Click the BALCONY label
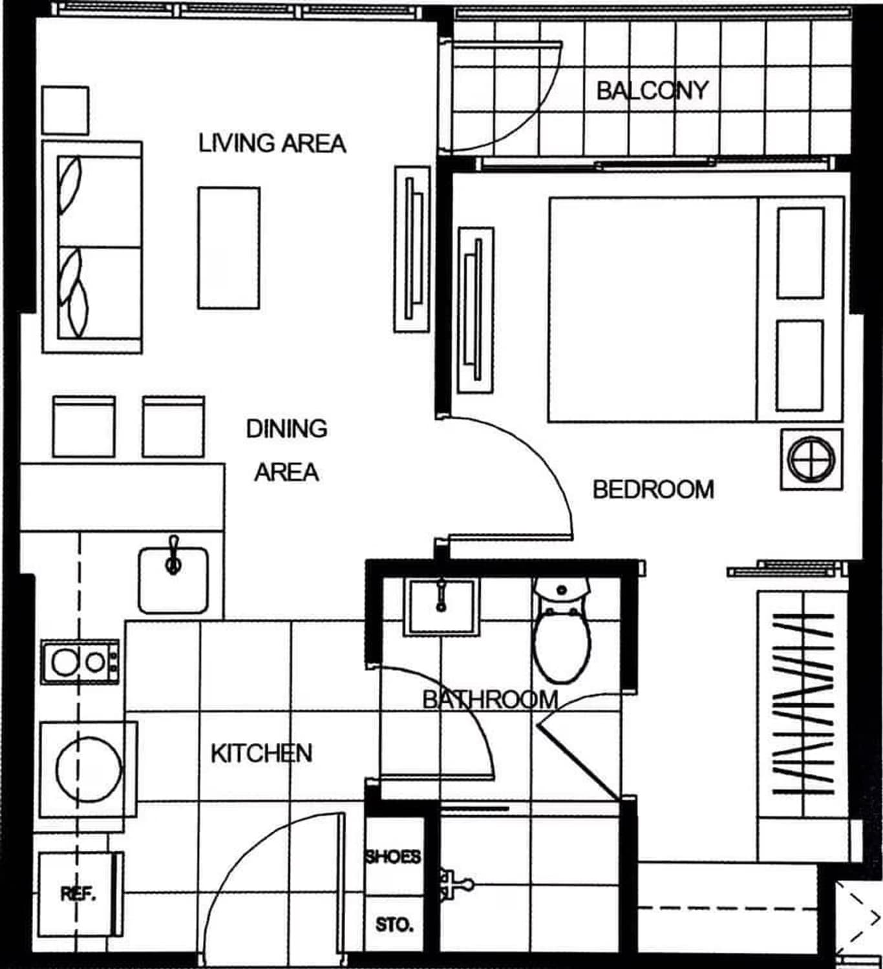652,91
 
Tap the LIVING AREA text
272,143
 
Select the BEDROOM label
654,489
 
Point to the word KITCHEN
262,753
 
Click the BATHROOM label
491,700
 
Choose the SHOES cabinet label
392,857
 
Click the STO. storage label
394,925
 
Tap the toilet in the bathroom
562,630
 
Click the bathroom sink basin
441,607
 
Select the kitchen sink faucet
174,556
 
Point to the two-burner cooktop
80,662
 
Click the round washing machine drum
89,769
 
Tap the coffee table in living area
229,248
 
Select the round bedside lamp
811,459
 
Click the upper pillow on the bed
800,253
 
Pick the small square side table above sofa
65,110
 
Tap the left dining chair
83,426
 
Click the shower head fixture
454,884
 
